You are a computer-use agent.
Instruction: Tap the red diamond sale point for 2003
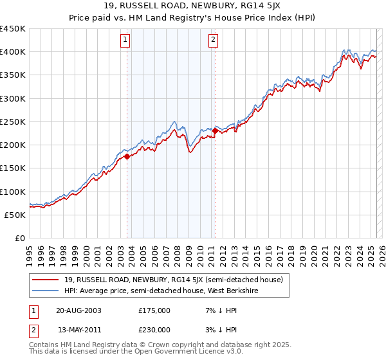click(127, 156)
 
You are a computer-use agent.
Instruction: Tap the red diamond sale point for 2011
click(215, 130)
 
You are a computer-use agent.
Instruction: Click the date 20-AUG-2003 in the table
click(78, 310)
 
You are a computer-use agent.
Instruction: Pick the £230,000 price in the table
click(154, 330)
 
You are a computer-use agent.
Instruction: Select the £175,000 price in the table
click(154, 310)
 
